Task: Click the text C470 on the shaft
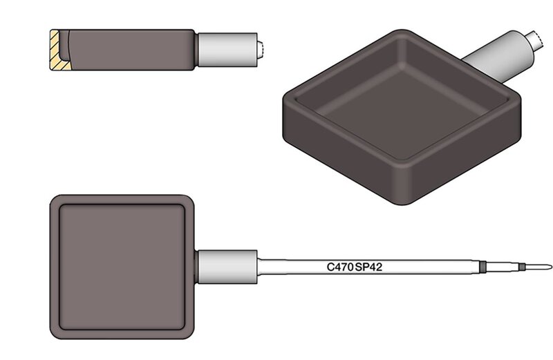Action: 340,267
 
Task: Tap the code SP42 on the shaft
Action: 368,267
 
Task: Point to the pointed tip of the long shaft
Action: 551,267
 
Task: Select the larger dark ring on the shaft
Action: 483,267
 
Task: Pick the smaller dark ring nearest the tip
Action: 522,267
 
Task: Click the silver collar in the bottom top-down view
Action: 227,267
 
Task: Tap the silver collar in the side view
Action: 227,50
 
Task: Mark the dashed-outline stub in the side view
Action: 261,50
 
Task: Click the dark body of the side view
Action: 131,50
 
